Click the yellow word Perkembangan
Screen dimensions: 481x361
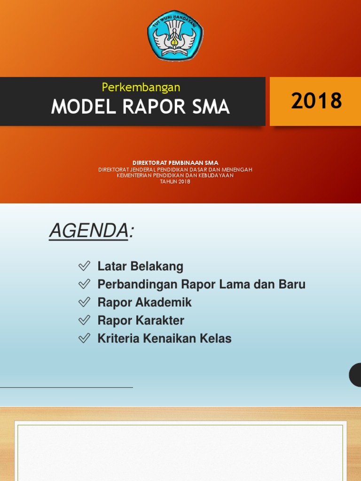[x=141, y=87]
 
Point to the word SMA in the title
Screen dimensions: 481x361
[x=211, y=108]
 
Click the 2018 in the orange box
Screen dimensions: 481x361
[x=316, y=101]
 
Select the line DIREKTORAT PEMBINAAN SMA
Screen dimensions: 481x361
[x=175, y=163]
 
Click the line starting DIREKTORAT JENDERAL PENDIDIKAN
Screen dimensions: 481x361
[x=175, y=170]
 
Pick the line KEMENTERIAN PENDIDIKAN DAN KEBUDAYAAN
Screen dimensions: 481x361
[x=175, y=176]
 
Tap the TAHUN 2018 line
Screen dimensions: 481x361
[x=175, y=182]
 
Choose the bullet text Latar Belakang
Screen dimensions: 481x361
[x=140, y=266]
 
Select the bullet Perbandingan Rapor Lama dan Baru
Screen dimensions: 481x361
[x=201, y=284]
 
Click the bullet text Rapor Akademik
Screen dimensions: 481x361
[x=144, y=303]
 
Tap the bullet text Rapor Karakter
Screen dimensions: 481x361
[x=141, y=320]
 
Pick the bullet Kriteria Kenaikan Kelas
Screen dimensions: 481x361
[x=164, y=338]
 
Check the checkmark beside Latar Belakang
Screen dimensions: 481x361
[x=84, y=266]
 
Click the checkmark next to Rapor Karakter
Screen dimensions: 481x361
[x=84, y=320]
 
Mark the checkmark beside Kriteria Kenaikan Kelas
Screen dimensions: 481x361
[x=84, y=338]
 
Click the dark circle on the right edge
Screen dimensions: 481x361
[x=356, y=375]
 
